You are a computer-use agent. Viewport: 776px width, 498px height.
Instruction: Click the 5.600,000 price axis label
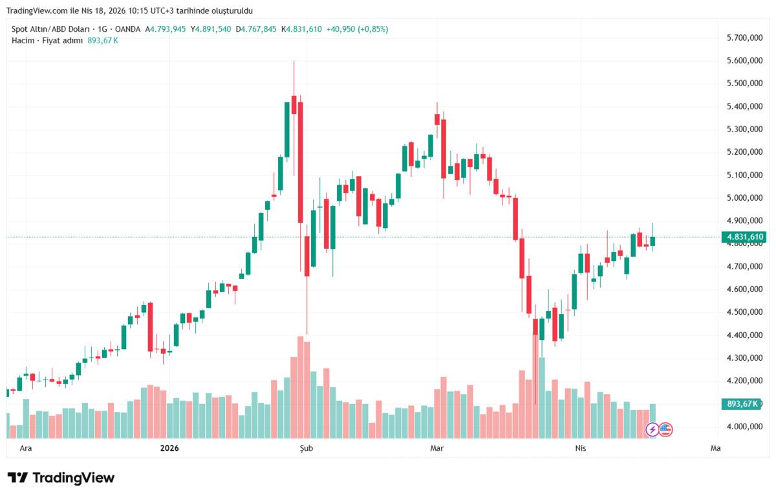pos(744,61)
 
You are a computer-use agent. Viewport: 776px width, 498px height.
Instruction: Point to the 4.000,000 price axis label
pos(744,427)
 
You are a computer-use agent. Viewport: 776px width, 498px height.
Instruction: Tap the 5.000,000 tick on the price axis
pos(744,198)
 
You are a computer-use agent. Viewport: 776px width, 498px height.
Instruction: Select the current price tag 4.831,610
pos(746,237)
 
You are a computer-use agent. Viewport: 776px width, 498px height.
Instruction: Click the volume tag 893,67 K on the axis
pos(742,404)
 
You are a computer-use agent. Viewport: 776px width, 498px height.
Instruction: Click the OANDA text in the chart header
pos(127,29)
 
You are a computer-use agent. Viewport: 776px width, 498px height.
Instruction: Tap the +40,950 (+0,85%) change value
pos(357,29)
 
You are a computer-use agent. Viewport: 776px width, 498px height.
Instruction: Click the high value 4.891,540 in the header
pos(213,29)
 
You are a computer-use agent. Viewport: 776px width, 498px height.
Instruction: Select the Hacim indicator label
pos(22,40)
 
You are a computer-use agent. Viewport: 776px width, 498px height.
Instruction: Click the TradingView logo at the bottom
pos(61,478)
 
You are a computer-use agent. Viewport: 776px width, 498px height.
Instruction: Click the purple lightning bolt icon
pos(652,429)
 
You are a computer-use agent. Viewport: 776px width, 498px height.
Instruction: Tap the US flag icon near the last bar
pos(665,429)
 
